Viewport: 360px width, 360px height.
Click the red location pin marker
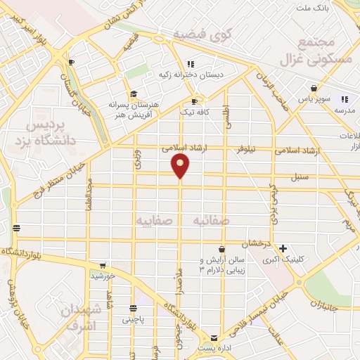click(181, 165)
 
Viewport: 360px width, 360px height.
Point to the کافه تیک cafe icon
click(194, 101)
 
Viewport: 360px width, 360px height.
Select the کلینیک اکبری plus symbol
click(283, 247)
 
